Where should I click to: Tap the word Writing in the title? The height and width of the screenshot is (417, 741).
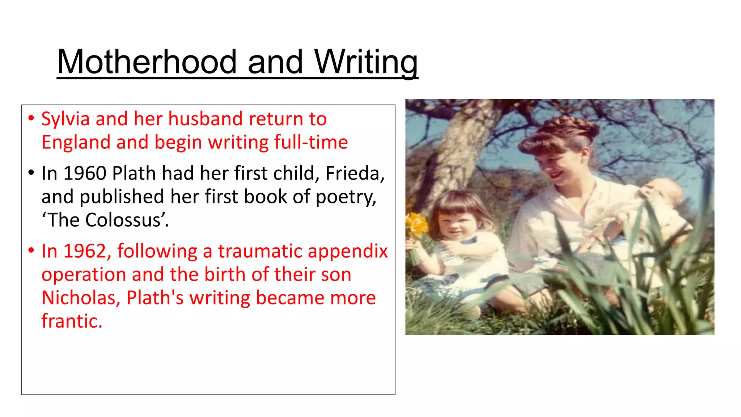coord(366,62)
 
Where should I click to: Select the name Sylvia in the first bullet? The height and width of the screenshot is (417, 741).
coord(65,119)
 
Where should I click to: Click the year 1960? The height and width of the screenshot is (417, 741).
coord(85,173)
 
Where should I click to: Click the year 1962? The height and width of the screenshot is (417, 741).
coord(85,251)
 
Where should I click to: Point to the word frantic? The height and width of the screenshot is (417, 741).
coord(72,321)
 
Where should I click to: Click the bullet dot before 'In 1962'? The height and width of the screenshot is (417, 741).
coord(31,250)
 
